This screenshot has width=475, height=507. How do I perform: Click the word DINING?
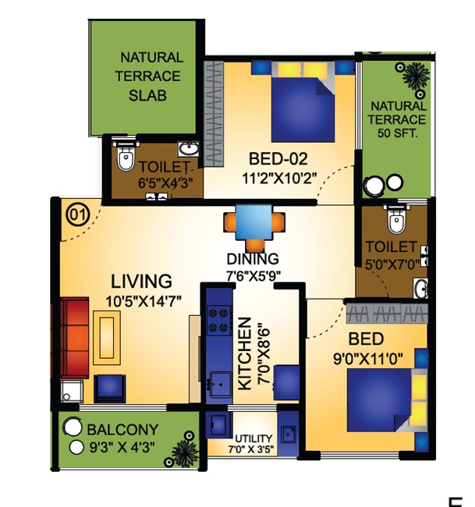point(252,259)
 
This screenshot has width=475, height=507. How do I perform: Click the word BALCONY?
point(122,430)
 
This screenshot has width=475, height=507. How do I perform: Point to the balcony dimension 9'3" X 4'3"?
point(125,448)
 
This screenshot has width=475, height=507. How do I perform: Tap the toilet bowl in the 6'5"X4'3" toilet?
point(125,161)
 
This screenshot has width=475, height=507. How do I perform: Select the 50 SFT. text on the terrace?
point(398,133)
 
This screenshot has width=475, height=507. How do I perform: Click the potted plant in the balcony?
point(185,450)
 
